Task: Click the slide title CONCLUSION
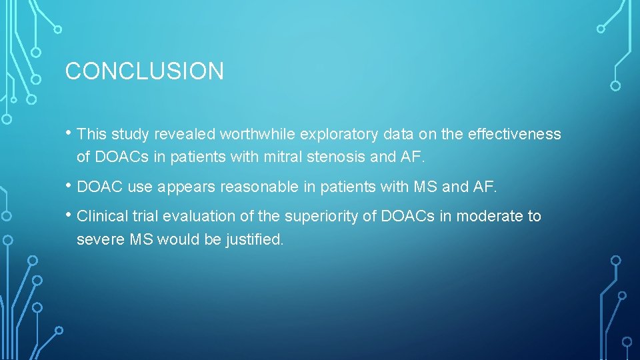point(144,71)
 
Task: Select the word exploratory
point(339,135)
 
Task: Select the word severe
point(101,240)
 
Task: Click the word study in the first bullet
point(130,135)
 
